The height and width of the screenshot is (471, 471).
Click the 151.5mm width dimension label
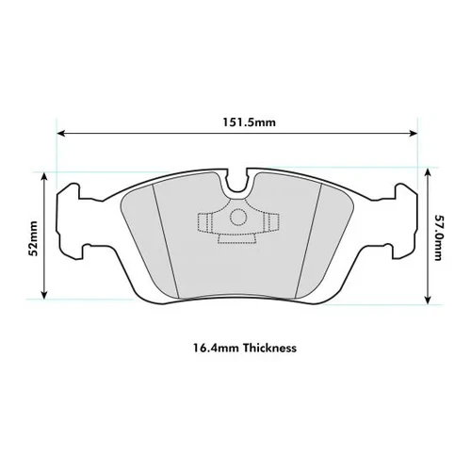point(250,122)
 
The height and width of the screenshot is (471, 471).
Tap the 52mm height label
point(33,238)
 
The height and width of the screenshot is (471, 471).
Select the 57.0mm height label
point(438,237)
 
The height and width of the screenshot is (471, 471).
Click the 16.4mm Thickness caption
point(245,348)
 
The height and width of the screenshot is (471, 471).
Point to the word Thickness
point(269,348)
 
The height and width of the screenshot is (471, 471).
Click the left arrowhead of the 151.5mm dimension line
point(61,134)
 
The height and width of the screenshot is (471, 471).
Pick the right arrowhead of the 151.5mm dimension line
point(414,134)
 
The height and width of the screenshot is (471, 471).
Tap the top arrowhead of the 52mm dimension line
point(44,176)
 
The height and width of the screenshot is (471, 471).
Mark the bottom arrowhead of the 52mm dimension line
point(44,295)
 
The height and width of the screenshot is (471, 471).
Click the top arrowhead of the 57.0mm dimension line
point(428,172)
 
